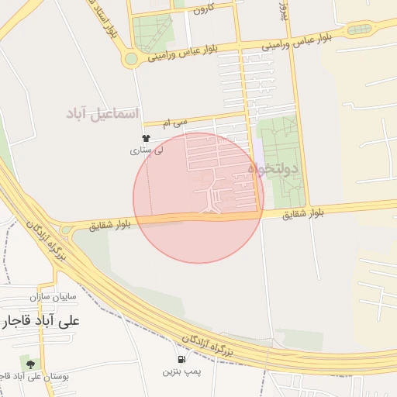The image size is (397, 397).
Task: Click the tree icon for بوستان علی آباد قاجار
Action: pyautogui.click(x=29, y=362)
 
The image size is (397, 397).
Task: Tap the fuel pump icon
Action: pyautogui.click(x=181, y=359)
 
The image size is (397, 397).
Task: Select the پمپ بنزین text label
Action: pyautogui.click(x=181, y=373)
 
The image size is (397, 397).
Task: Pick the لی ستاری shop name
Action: pyautogui.click(x=147, y=150)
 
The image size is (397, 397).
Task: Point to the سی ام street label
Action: pyautogui.click(x=175, y=123)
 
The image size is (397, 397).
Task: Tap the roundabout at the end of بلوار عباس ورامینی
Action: pyautogui.click(x=132, y=58)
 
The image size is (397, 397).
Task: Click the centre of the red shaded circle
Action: pyautogui.click(x=198, y=198)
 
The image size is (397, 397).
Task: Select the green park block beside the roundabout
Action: pyautogui.click(x=150, y=33)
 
